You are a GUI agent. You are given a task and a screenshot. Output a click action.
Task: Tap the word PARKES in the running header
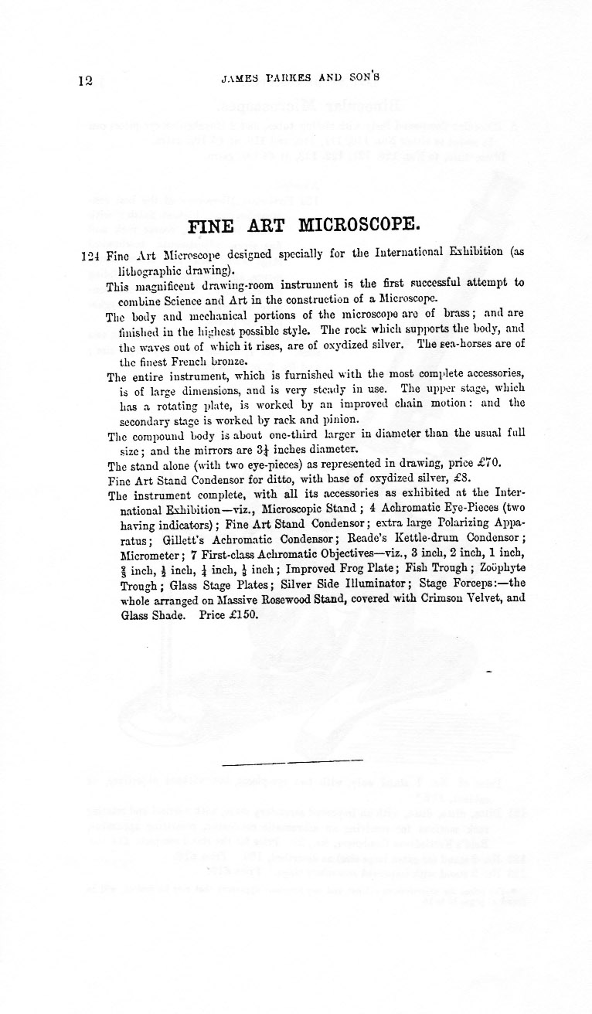(x=289, y=77)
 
